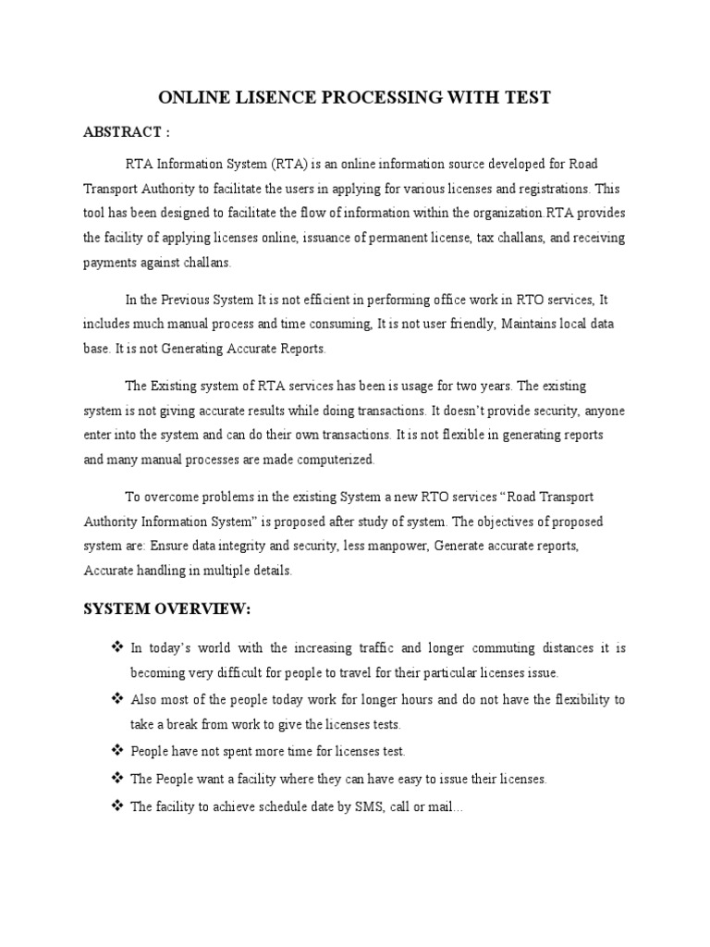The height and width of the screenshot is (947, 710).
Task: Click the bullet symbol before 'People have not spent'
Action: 116,751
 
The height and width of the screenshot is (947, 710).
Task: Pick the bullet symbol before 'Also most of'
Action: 116,699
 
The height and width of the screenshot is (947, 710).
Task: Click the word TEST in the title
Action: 526,97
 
